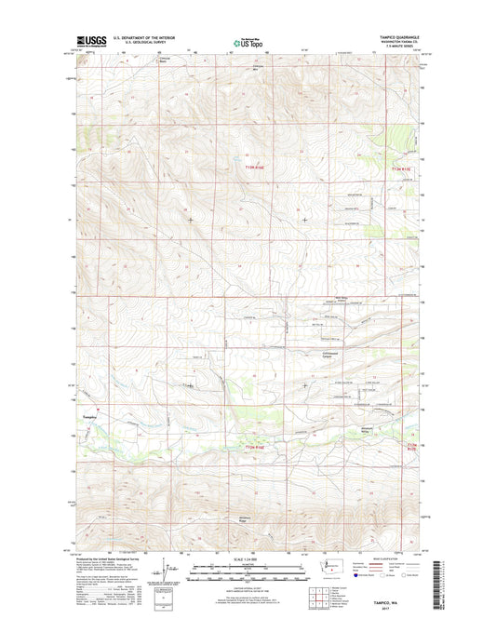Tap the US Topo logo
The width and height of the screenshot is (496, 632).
coord(248,42)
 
